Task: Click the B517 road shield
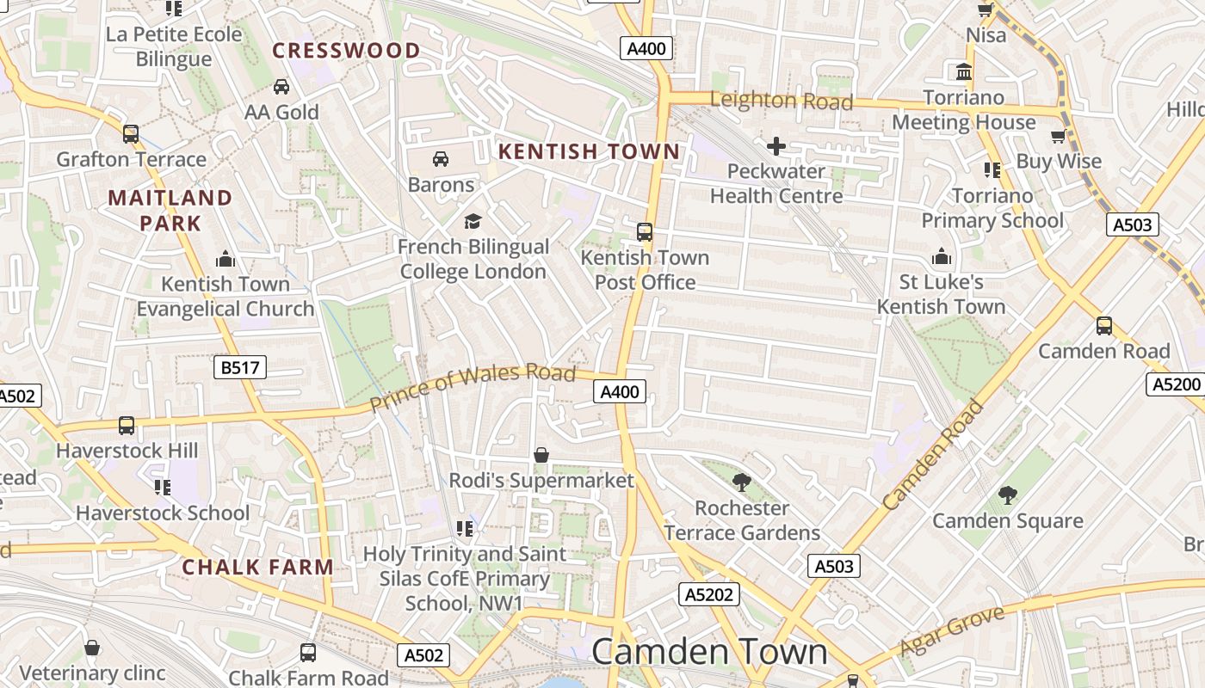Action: [x=240, y=368]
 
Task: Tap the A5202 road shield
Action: [x=709, y=594]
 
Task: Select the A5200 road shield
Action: [x=1177, y=384]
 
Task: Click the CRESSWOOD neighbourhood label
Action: [x=346, y=51]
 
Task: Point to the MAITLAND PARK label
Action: [x=170, y=211]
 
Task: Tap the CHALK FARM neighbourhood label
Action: [x=257, y=567]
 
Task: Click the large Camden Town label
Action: [x=709, y=652]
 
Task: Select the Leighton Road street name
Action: [x=781, y=101]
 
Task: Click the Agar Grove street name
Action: [x=952, y=632]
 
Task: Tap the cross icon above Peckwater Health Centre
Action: [x=776, y=146]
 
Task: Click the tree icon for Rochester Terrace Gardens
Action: [x=741, y=482]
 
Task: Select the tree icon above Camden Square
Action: [x=1007, y=495]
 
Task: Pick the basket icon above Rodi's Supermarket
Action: [x=541, y=455]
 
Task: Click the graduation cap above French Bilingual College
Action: [x=473, y=222]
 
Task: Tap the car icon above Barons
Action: [x=441, y=159]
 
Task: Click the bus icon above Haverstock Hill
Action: [x=127, y=425]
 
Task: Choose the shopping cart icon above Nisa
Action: [x=986, y=10]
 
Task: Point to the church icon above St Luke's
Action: [x=942, y=257]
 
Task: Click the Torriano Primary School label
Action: [x=992, y=208]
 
